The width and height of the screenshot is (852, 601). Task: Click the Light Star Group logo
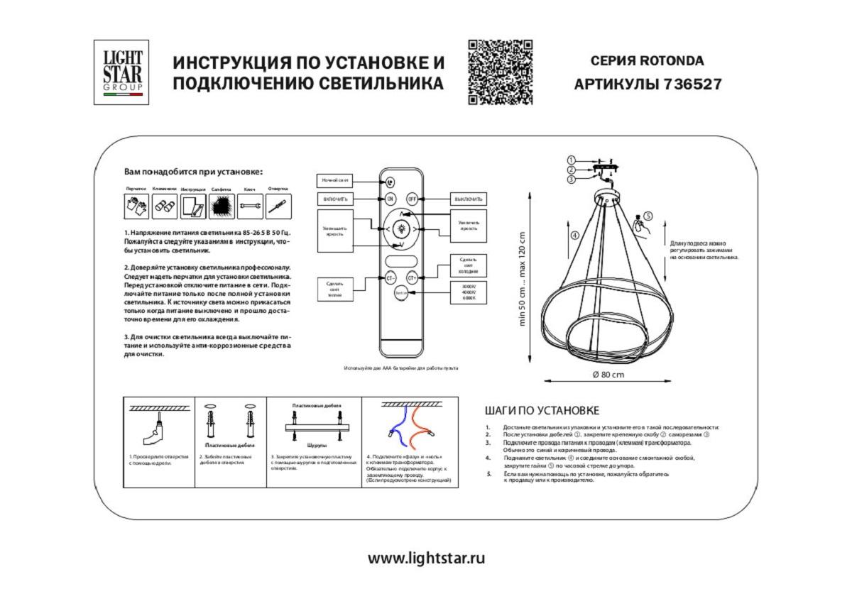tap(121, 72)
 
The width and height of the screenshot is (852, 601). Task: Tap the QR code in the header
tap(500, 72)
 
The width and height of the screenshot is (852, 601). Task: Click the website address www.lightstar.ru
tap(426, 558)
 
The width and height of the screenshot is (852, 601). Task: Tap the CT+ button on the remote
tap(411, 279)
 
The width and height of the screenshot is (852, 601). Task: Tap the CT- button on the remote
tap(390, 279)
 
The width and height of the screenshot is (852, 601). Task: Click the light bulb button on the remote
tap(401, 228)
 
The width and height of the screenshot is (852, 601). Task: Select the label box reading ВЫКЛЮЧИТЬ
tap(469, 199)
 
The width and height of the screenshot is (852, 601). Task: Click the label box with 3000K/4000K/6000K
tap(469, 292)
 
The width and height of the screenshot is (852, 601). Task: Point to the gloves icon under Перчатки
tap(137, 206)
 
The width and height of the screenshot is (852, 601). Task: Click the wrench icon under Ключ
tap(249, 206)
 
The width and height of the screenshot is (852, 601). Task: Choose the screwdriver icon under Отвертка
tap(278, 206)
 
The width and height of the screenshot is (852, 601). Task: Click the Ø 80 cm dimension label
tap(608, 375)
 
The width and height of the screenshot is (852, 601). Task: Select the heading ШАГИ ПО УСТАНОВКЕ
tap(542, 411)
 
